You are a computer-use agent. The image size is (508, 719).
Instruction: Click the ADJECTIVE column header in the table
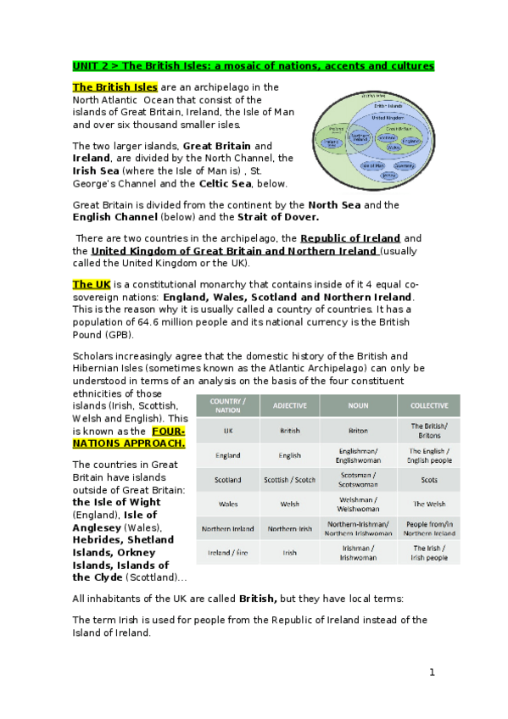290,406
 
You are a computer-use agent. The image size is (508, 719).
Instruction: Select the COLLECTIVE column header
429,406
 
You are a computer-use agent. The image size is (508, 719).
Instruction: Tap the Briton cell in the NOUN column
359,431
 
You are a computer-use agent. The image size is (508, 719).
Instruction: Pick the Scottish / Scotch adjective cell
290,479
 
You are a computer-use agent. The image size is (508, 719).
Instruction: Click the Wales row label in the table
228,504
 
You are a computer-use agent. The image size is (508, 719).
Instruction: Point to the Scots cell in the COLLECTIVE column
429,479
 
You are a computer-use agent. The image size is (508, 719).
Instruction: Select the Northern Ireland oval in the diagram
360,138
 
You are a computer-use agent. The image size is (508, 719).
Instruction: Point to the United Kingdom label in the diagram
389,117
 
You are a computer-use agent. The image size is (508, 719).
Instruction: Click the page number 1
432,672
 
